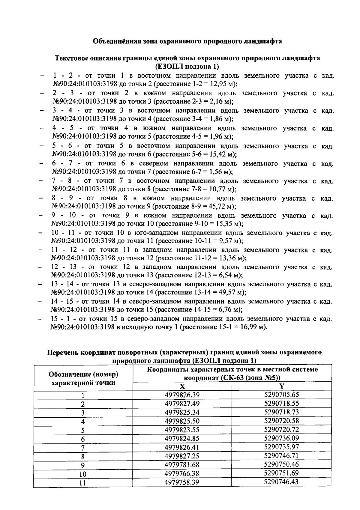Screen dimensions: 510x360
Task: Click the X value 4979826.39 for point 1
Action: coord(182,395)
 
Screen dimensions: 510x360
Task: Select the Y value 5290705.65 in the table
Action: coord(281,395)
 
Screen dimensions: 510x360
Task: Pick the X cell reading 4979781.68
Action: coord(182,465)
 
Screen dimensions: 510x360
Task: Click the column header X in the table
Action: coord(182,386)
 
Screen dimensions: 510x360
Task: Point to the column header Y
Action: coord(281,386)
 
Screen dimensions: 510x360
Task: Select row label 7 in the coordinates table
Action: coord(83,448)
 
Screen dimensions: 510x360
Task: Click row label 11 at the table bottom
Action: coord(83,483)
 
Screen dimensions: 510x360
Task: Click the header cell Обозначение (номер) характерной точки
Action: coord(83,378)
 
